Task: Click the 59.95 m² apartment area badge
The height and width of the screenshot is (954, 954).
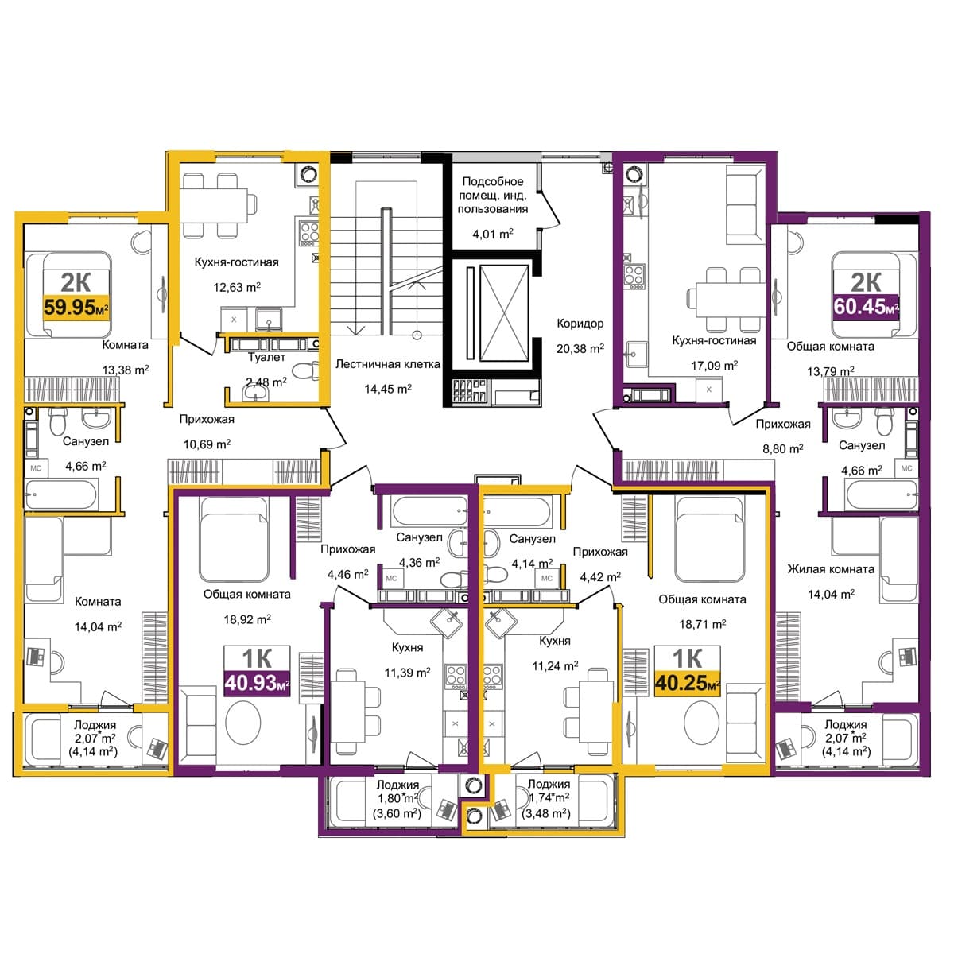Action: pyautogui.click(x=76, y=308)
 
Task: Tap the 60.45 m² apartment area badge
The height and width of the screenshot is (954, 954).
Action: pyautogui.click(x=866, y=307)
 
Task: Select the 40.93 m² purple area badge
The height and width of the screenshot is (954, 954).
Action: pyautogui.click(x=257, y=684)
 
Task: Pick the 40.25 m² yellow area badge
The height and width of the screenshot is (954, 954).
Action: pyautogui.click(x=687, y=684)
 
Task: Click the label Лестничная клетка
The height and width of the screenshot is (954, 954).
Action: pyautogui.click(x=388, y=364)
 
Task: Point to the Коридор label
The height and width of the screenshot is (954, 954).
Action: pyautogui.click(x=580, y=324)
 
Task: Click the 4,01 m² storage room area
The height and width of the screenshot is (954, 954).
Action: pyautogui.click(x=493, y=234)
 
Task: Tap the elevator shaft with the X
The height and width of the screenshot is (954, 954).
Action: pyautogui.click(x=504, y=313)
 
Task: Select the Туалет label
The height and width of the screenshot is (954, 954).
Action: pyautogui.click(x=266, y=357)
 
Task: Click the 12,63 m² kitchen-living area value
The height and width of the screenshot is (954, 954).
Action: pyautogui.click(x=237, y=287)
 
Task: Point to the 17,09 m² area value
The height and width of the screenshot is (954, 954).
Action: pyautogui.click(x=715, y=366)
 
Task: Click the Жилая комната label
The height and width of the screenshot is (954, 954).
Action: pyautogui.click(x=831, y=569)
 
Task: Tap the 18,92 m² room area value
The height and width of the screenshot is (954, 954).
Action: pyautogui.click(x=247, y=619)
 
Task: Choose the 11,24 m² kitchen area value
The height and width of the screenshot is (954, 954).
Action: pyautogui.click(x=555, y=666)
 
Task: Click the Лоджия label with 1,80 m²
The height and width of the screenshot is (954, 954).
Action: pyautogui.click(x=397, y=785)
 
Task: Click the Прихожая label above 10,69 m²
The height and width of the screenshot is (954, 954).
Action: pyautogui.click(x=207, y=419)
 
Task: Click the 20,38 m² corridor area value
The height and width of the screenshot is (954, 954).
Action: pyautogui.click(x=580, y=348)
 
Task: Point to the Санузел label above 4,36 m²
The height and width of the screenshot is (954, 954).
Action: pyautogui.click(x=419, y=537)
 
